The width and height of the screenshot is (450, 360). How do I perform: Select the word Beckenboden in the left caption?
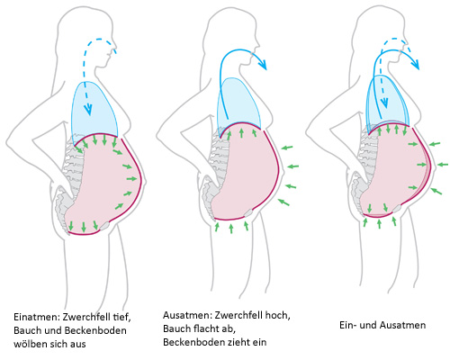point(95,330)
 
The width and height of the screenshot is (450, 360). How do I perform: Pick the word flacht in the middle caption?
point(208,328)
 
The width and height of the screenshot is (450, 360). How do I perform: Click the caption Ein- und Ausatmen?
point(382,325)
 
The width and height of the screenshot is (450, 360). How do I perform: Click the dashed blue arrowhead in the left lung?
point(88,110)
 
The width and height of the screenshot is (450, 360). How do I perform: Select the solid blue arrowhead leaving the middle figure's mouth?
point(262,64)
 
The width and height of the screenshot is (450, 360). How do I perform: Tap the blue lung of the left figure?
point(94,112)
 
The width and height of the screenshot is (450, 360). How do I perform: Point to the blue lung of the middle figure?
point(239,103)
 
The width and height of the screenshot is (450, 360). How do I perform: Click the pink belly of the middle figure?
point(246,172)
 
